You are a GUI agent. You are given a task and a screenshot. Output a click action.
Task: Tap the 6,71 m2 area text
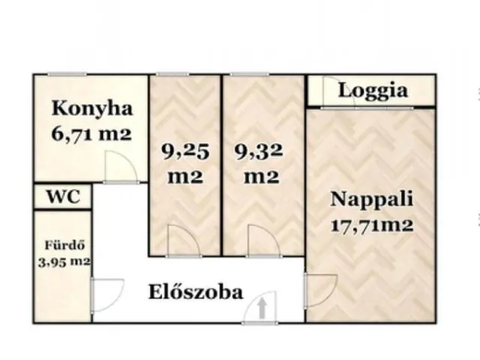pos(91,135)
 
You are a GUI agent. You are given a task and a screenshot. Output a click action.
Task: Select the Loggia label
pos(373,91)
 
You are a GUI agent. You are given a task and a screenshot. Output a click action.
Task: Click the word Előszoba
pos(194,291)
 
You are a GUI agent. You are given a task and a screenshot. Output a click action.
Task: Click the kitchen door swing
pos(118,166)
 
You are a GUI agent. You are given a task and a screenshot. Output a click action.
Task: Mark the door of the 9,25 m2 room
pos(181,241)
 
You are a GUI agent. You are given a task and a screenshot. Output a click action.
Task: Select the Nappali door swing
pos(319,289)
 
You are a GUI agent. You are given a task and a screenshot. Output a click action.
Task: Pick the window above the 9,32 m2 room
pos(247,73)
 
